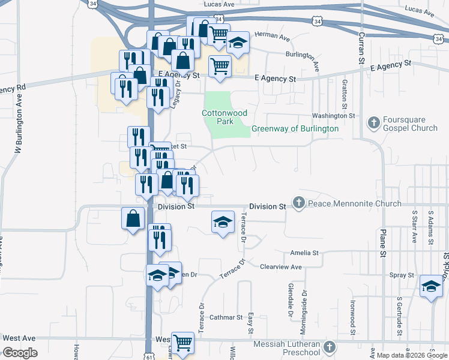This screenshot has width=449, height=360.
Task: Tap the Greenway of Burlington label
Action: click(295, 129)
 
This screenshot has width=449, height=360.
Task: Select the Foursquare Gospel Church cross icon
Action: click(373, 124)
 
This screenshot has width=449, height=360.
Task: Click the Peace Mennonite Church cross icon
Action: click(299, 204)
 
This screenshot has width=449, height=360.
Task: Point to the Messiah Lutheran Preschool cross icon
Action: click(330, 347)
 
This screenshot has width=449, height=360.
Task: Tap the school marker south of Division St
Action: click(223, 223)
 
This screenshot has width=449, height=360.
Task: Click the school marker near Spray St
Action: click(430, 287)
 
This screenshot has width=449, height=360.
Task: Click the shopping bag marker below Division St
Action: click(133, 220)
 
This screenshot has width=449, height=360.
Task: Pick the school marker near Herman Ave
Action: click(238, 43)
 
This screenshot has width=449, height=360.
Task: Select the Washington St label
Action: click(333, 116)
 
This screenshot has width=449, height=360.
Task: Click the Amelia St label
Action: click(304, 254)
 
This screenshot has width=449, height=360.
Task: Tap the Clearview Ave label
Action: click(280, 266)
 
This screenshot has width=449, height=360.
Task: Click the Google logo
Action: click(20, 353)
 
